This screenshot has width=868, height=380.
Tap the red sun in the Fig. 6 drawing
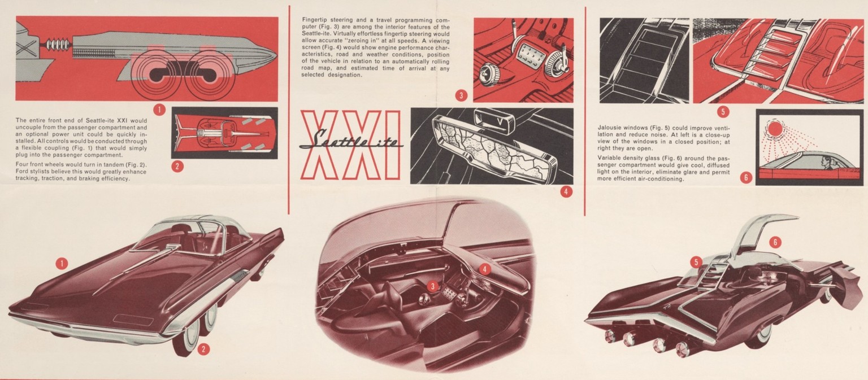[775, 128]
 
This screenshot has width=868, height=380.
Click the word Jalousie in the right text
[610, 128]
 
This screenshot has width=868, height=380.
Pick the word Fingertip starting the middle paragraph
[315, 20]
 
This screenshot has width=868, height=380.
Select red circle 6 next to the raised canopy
[775, 242]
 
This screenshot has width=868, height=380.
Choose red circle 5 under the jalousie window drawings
[723, 112]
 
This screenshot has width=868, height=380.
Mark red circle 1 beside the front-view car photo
[62, 264]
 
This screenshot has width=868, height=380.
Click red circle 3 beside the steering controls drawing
[461, 95]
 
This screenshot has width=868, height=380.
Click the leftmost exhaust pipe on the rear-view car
[611, 335]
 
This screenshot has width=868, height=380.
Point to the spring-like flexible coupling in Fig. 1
[58, 45]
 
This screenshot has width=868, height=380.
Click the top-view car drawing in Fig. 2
[225, 133]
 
